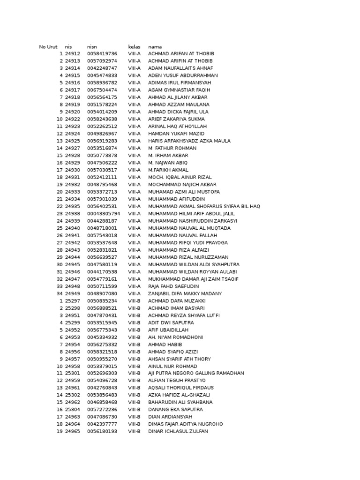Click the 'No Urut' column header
(48, 47)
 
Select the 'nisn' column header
(91, 47)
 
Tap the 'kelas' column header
(134, 47)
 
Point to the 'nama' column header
(155, 47)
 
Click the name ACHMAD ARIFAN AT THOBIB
(180, 54)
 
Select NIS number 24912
(73, 54)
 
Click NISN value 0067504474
(102, 90)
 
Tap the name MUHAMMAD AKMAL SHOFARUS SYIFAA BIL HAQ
(204, 206)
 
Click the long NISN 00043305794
(104, 214)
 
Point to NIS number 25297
(73, 301)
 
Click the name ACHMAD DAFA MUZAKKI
(177, 301)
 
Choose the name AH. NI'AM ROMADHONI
(176, 337)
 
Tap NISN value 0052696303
(102, 374)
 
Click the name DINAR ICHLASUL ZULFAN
(178, 431)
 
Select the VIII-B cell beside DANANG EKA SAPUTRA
(134, 410)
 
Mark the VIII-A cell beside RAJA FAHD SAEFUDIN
(134, 286)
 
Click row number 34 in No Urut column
(60, 293)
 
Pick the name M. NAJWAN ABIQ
(168, 163)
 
